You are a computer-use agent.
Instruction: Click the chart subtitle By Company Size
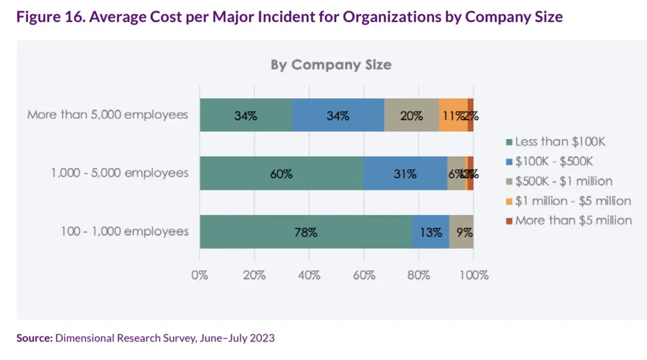(x=331, y=65)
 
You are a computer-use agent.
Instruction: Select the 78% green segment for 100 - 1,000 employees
(x=306, y=232)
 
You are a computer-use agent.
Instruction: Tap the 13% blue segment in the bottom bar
(x=431, y=232)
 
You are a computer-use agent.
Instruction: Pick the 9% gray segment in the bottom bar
(x=462, y=232)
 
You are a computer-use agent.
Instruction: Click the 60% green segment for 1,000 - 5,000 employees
(x=281, y=174)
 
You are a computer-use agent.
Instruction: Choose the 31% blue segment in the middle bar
(x=405, y=174)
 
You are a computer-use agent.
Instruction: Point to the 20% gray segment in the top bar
(x=412, y=115)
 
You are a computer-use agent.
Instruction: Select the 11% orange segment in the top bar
(x=453, y=115)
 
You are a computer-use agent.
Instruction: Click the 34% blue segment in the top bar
(x=338, y=115)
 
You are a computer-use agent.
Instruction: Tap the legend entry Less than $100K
(x=560, y=142)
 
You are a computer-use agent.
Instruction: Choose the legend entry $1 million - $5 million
(x=573, y=201)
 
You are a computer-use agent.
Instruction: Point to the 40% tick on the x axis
(x=309, y=276)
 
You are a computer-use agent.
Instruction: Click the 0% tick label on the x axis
(x=199, y=276)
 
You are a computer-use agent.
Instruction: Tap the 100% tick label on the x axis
(x=473, y=276)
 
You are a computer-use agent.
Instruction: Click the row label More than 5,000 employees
(x=108, y=114)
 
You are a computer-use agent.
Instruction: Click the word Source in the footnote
(x=34, y=338)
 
